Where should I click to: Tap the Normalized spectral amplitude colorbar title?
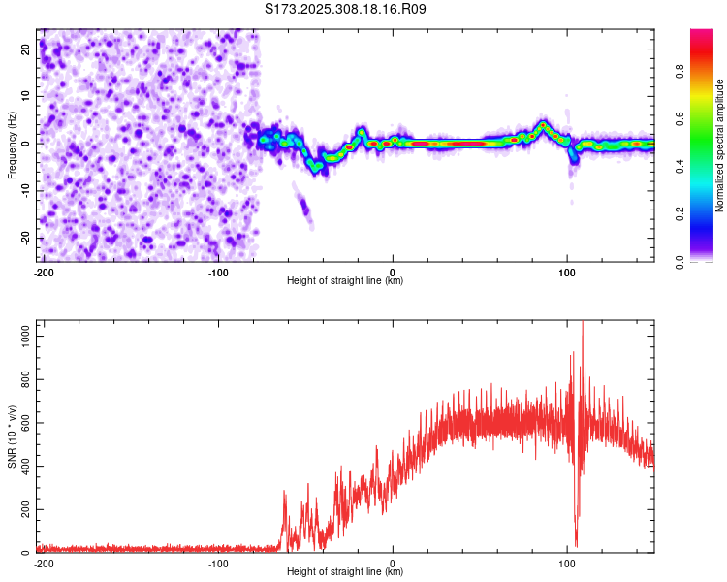719,145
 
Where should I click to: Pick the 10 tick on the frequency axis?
27,95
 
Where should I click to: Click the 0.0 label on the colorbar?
680,261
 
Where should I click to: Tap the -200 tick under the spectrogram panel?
44,272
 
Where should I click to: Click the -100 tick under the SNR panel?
217,563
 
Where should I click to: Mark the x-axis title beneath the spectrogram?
345,281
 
